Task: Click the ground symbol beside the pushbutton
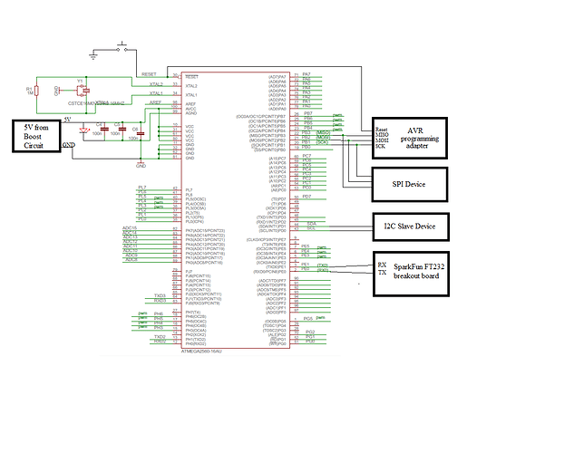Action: pos(93,56)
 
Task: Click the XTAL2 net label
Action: pos(155,83)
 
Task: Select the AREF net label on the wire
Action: pos(155,102)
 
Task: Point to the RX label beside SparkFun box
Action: pos(382,265)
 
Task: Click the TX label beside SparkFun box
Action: pos(382,273)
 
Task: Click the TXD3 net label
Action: pos(160,295)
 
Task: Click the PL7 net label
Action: pos(141,187)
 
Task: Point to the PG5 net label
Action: pos(308,319)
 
